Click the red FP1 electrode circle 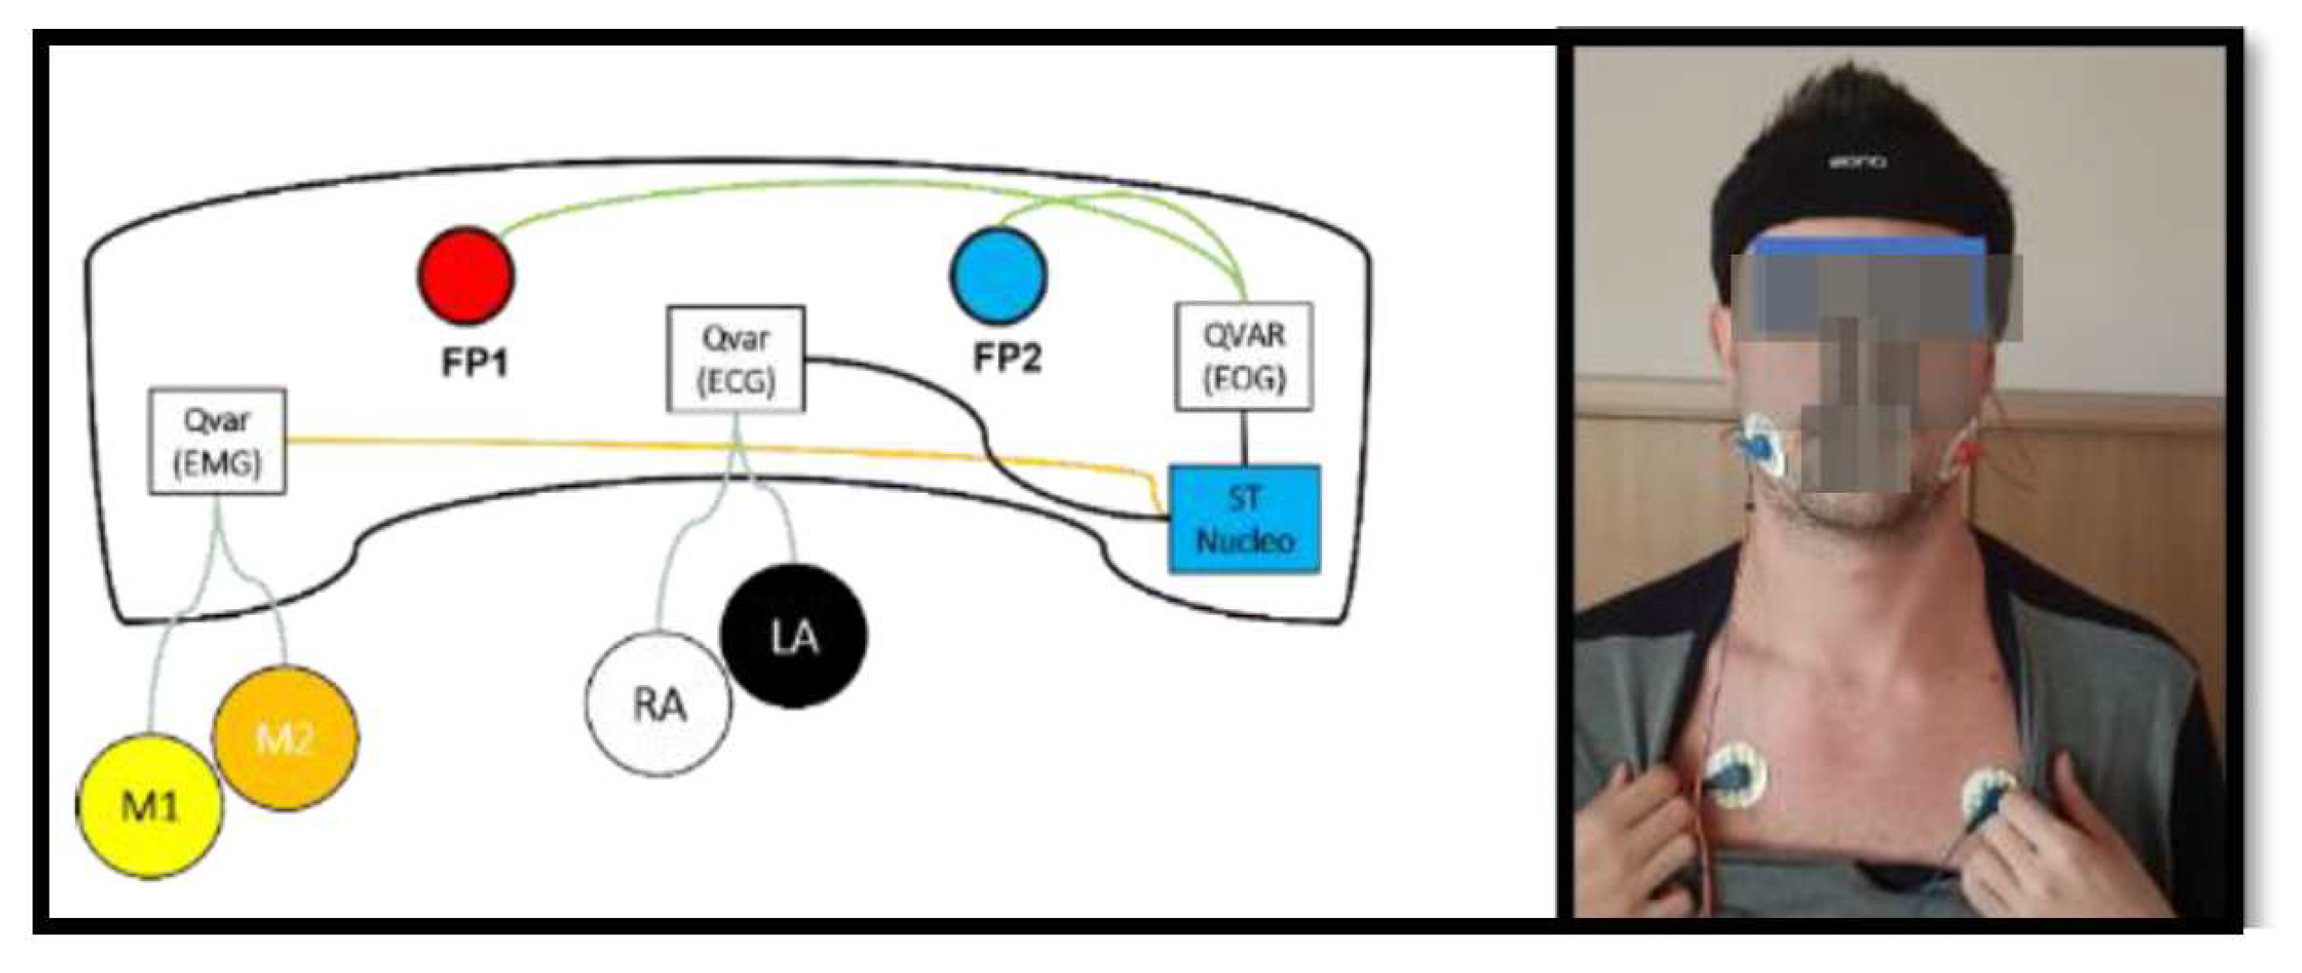coord(465,275)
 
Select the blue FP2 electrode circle coord(998,275)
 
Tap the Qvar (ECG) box coord(735,358)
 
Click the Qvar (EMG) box coord(217,440)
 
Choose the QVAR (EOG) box coord(1243,356)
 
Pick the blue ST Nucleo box coord(1244,519)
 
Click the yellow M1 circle coord(149,805)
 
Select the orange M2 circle coord(284,737)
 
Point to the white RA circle coord(658,703)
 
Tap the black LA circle coord(794,635)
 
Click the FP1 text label coord(474,363)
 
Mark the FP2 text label coord(1006,358)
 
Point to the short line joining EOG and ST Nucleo coord(1244,438)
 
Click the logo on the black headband coord(1857,162)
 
